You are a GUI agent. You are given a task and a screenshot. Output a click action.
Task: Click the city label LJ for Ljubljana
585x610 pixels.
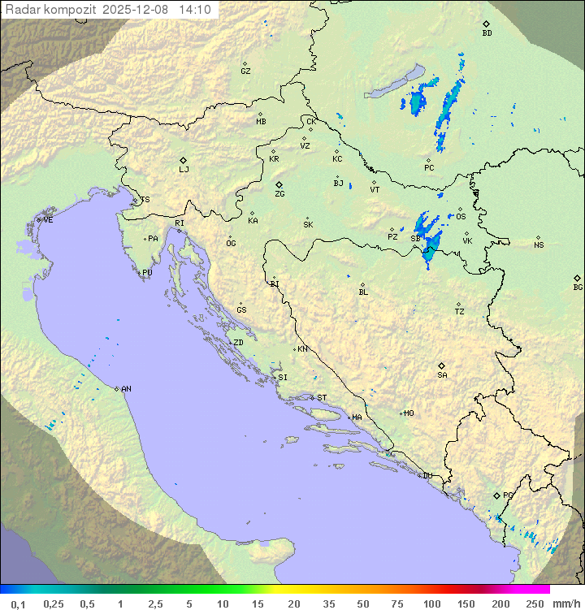[x=184, y=170]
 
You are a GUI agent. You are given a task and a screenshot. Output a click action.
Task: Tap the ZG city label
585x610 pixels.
[x=279, y=194]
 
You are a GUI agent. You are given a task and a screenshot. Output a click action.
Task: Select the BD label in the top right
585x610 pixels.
[x=487, y=33]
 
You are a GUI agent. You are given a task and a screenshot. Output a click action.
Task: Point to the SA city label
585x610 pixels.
[x=442, y=375]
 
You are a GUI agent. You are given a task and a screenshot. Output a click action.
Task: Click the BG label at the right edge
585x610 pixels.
[x=578, y=287]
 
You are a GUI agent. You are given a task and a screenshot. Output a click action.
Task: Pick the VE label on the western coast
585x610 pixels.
[x=48, y=220]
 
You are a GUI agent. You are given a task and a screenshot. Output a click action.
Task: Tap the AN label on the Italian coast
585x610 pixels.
[x=126, y=389]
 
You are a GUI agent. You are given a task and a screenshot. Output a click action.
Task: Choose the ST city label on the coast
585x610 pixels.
[x=322, y=398]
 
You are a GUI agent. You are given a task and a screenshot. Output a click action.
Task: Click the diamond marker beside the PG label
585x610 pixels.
[x=496, y=495]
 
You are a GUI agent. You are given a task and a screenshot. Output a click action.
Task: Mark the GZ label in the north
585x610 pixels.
[x=245, y=71]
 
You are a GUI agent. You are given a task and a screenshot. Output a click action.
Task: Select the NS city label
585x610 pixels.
[x=539, y=245]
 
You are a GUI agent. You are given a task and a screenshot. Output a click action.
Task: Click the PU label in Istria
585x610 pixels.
[x=147, y=273]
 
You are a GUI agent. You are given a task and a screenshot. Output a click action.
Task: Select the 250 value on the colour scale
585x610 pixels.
[x=535, y=604]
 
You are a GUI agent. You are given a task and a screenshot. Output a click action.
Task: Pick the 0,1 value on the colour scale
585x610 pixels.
[x=17, y=604]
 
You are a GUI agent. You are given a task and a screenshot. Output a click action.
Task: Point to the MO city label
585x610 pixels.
[x=409, y=413]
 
